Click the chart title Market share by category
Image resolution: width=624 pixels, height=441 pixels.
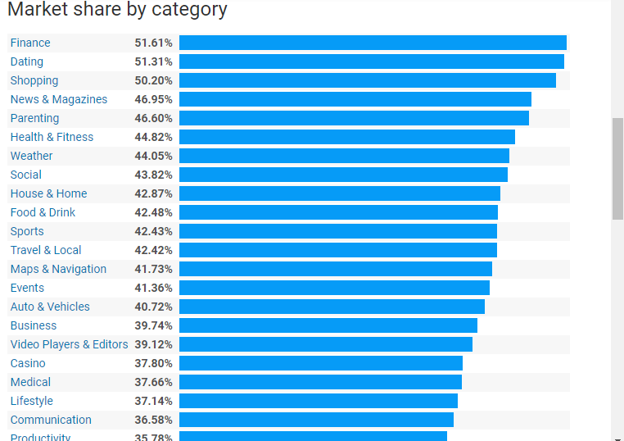[x=117, y=10]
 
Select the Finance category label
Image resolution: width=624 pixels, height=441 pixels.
[x=30, y=43]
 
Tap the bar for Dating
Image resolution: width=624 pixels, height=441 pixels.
[x=371, y=61]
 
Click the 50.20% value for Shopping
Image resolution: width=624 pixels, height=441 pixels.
[x=153, y=80]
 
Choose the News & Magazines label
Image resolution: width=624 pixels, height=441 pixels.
[x=59, y=99]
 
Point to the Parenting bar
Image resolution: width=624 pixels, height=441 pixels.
[x=354, y=118]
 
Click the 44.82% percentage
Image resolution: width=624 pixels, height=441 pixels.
[x=153, y=137]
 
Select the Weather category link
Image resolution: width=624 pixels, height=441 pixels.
[x=31, y=156]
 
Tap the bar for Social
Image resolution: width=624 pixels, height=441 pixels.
[x=343, y=175]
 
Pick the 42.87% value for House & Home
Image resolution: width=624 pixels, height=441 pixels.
[x=153, y=193]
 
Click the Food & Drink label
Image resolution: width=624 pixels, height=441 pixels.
[x=43, y=212]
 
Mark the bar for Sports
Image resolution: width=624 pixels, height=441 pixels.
[x=337, y=231]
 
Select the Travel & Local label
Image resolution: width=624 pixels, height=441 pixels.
[x=46, y=250]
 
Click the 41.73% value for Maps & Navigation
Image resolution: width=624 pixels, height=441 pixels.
[x=153, y=269]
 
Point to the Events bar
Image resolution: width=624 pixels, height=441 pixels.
[x=334, y=288]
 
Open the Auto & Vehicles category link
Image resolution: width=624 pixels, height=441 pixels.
[x=50, y=307]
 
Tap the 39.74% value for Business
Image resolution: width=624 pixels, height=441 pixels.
[x=153, y=325]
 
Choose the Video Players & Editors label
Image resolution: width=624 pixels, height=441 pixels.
[x=69, y=344]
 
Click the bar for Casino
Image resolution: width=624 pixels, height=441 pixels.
[x=320, y=363]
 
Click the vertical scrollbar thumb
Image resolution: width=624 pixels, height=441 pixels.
[x=617, y=168]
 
